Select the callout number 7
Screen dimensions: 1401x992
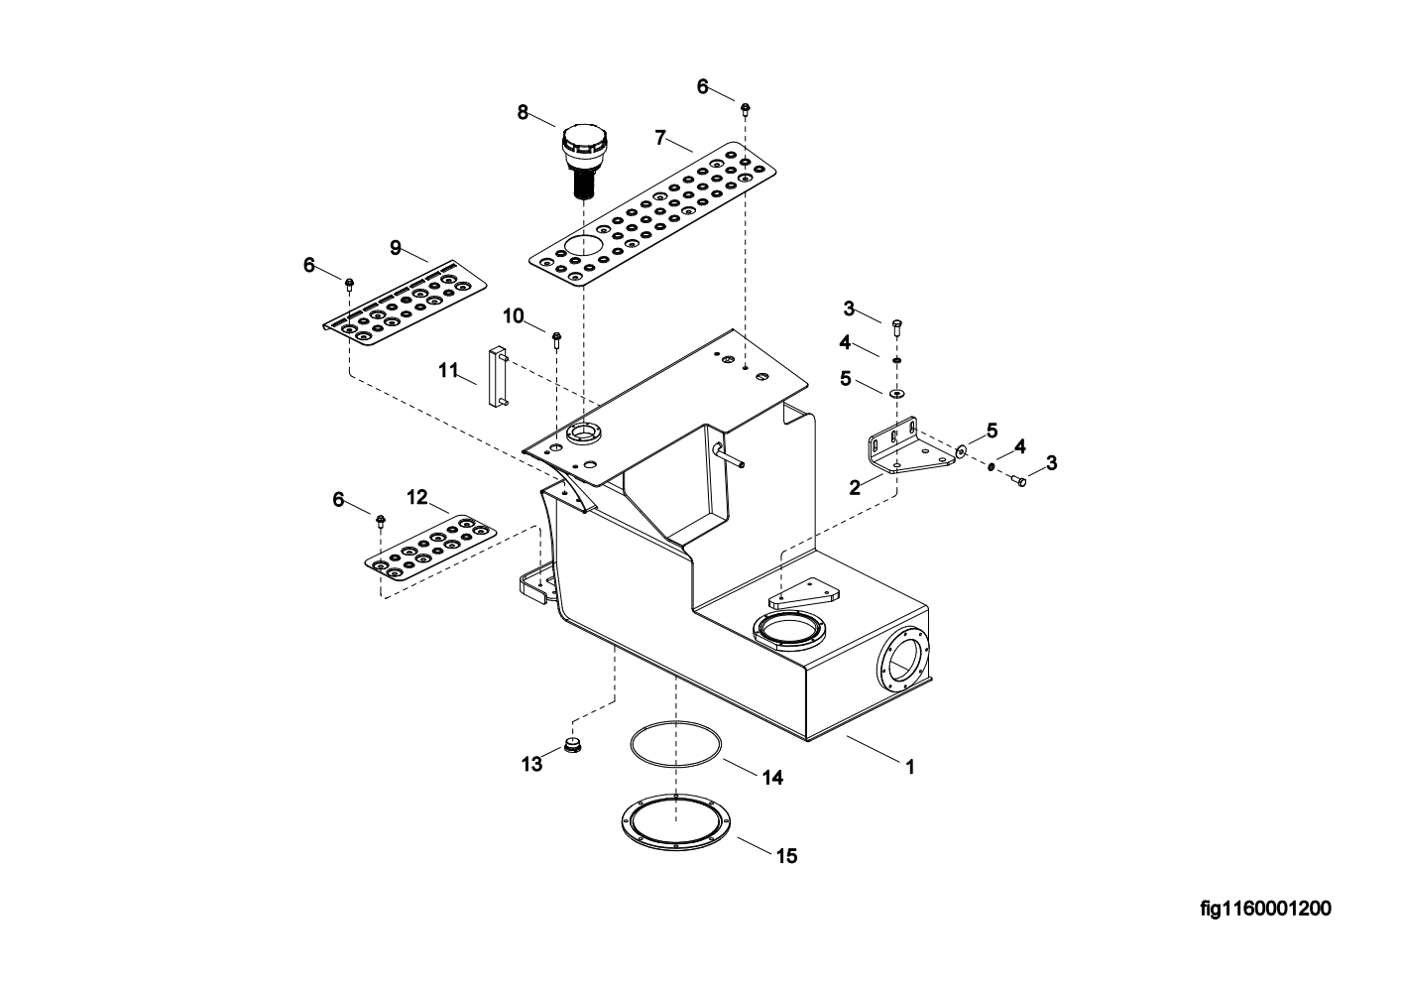tap(660, 138)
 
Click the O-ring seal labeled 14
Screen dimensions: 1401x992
tap(675, 744)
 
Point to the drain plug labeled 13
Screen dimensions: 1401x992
tap(573, 745)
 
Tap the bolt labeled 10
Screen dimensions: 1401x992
tap(557, 340)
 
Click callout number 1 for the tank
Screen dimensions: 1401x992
tap(910, 767)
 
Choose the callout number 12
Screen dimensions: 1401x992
tap(417, 498)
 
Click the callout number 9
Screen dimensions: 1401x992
tap(396, 248)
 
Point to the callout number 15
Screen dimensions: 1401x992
tap(787, 856)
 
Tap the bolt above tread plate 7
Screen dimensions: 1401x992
tap(746, 110)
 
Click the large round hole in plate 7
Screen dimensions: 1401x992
tap(582, 245)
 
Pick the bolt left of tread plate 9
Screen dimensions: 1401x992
tap(350, 285)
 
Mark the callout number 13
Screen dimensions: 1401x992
tap(532, 764)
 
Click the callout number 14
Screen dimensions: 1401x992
tap(772, 778)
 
